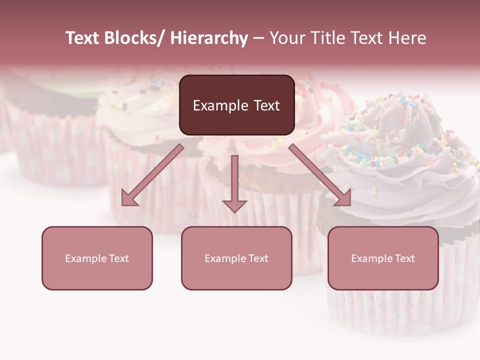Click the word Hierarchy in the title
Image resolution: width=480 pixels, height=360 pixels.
point(209,38)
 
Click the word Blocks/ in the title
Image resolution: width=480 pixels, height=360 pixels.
point(133,38)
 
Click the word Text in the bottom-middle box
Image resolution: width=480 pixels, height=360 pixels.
point(257,258)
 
